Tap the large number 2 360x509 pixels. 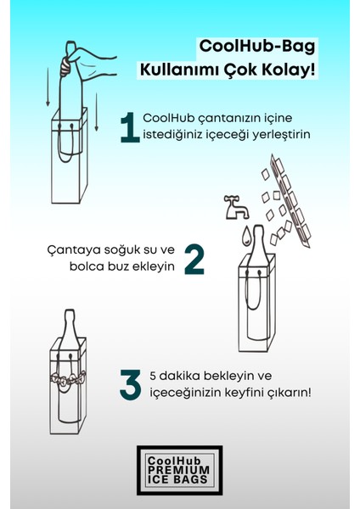click(x=194, y=259)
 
